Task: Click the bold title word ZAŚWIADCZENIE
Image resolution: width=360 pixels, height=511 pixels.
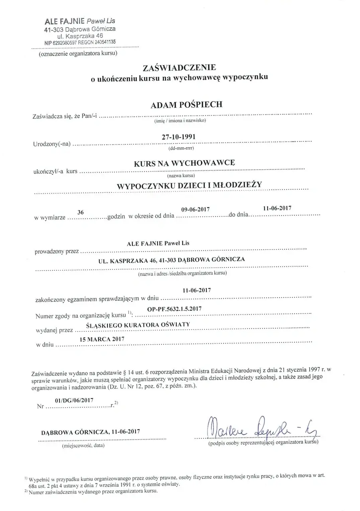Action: pyautogui.click(x=179, y=68)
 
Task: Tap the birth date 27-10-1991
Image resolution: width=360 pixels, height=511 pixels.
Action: pyautogui.click(x=178, y=137)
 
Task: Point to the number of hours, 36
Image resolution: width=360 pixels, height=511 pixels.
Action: pyautogui.click(x=81, y=213)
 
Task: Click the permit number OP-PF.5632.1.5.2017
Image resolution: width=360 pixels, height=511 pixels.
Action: pyautogui.click(x=174, y=308)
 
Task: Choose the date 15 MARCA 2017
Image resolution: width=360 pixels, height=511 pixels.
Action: pyautogui.click(x=103, y=339)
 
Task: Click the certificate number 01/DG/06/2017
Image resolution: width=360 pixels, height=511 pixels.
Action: pyautogui.click(x=74, y=400)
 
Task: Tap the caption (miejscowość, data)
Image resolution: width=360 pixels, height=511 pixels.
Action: pyautogui.click(x=83, y=445)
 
